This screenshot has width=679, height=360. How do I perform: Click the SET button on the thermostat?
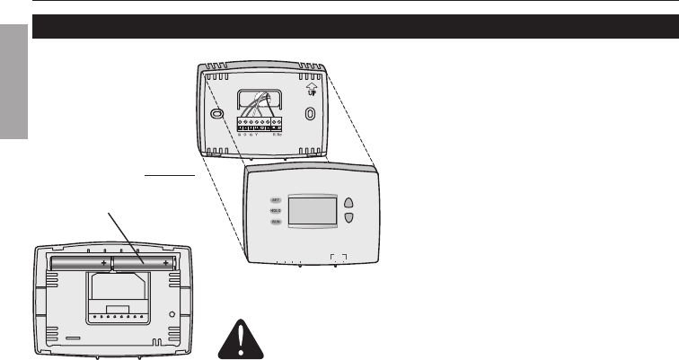click(277, 199)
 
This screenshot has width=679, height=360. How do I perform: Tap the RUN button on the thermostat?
click(277, 221)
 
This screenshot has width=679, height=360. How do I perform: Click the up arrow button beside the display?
click(349, 202)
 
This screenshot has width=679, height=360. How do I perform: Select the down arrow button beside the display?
click(349, 217)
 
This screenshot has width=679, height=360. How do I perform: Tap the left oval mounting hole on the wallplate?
click(216, 115)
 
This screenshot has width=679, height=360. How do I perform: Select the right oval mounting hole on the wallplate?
click(310, 115)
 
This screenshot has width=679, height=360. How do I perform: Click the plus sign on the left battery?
click(104, 262)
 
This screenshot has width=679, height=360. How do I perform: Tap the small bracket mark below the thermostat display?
click(339, 257)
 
